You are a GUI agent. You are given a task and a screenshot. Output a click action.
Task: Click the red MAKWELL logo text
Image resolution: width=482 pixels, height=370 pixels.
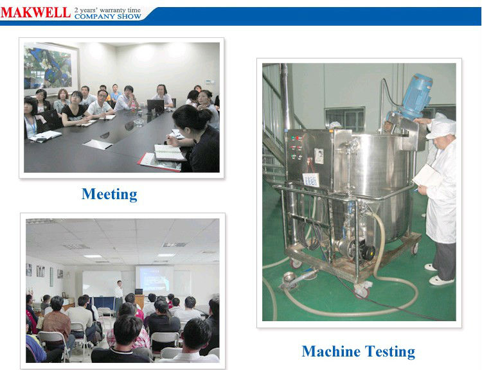(x=35, y=13)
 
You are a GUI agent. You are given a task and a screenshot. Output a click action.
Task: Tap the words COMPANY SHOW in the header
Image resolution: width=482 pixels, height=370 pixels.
(x=107, y=16)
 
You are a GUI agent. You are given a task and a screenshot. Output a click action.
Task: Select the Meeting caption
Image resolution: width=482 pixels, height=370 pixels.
(x=109, y=194)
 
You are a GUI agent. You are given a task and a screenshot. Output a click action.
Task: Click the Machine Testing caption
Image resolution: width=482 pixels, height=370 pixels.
(x=359, y=351)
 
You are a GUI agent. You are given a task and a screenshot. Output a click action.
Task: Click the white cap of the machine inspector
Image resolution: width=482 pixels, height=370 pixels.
(x=441, y=127)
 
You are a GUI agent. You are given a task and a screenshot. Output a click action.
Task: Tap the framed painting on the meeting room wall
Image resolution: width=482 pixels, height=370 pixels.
(x=51, y=69)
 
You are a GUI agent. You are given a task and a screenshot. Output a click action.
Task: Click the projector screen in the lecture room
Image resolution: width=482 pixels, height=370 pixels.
(x=154, y=279)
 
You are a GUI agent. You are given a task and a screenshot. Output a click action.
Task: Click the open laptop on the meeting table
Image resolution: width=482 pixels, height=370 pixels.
(x=156, y=107)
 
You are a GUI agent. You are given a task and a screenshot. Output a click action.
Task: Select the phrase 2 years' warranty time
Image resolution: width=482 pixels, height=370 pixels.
(x=107, y=10)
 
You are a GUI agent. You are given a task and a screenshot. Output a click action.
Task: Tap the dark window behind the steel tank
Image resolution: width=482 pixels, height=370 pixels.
(x=345, y=119)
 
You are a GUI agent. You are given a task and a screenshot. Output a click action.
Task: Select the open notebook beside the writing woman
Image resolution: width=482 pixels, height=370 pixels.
(x=170, y=153)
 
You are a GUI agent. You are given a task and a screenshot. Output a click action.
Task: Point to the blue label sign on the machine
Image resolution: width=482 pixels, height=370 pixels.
(x=311, y=180)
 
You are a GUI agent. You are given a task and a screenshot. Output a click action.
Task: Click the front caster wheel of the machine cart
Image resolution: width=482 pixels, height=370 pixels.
(x=362, y=291)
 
